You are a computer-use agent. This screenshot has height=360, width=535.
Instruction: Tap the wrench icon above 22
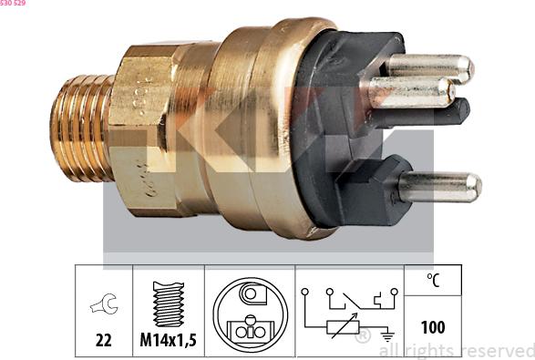click(x=103, y=308)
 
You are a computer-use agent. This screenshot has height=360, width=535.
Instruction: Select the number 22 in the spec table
click(x=103, y=340)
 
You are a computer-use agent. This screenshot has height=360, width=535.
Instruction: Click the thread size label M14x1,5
click(x=168, y=340)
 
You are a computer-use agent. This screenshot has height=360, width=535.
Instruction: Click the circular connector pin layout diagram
click(x=250, y=314)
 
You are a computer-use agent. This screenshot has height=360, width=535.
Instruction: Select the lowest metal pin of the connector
click(x=438, y=188)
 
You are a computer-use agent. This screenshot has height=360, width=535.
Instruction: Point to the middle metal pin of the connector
click(x=410, y=92)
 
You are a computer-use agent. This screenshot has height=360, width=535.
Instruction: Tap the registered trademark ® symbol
click(x=362, y=337)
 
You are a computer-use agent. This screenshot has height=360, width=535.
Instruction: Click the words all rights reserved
click(x=456, y=350)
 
